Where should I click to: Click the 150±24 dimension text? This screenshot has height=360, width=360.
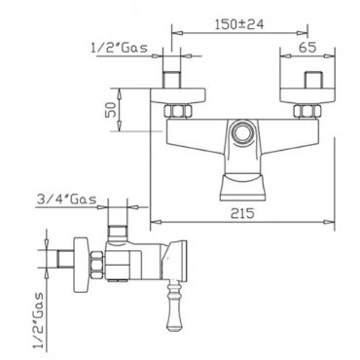239,24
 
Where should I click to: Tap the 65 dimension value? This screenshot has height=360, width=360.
307,48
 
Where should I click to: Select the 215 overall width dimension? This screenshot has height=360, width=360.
242,213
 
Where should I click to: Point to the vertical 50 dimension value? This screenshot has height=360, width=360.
112,109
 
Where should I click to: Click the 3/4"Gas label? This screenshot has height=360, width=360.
66,198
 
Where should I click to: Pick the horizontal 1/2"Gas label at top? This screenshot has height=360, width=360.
119,48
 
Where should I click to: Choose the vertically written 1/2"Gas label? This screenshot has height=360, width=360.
39,321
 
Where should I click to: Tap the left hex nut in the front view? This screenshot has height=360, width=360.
178,112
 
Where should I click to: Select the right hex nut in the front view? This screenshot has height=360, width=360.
307,112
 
